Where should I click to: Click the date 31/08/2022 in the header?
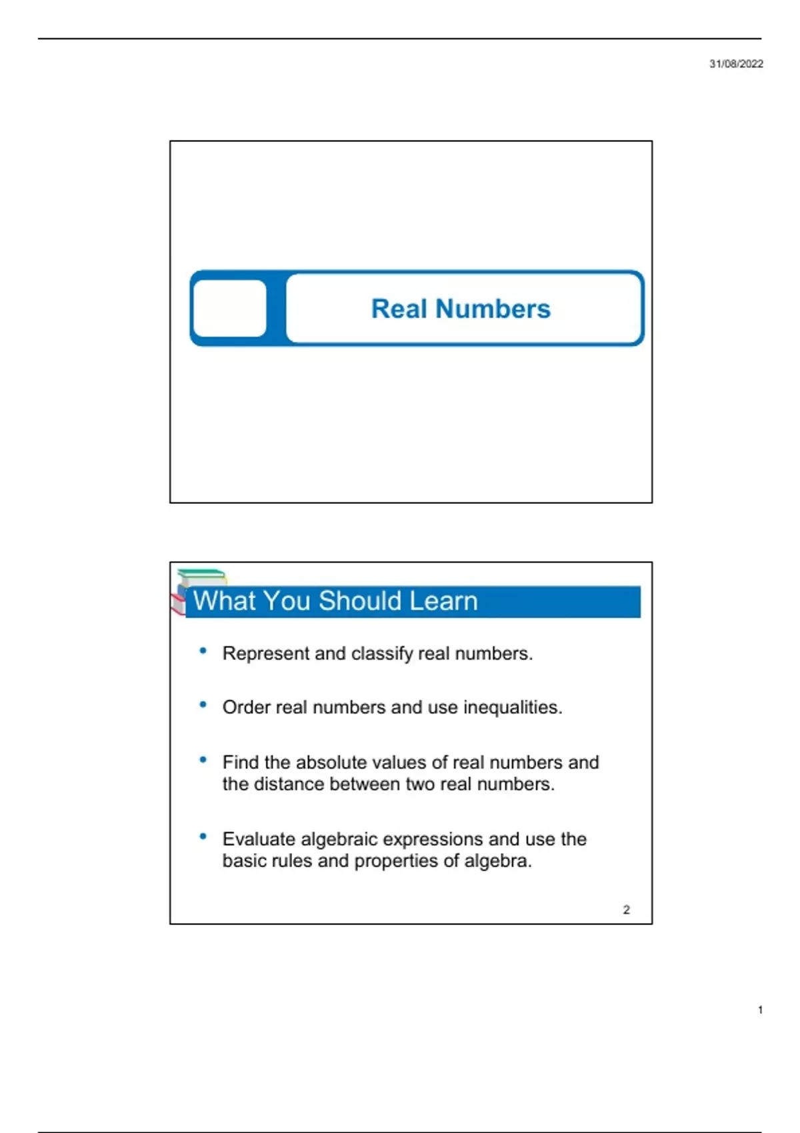tap(736, 64)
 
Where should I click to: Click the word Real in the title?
tap(399, 309)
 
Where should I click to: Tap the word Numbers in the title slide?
tap(493, 309)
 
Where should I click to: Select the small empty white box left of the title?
tap(229, 309)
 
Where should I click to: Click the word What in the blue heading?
tap(224, 601)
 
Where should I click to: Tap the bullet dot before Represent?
tap(203, 651)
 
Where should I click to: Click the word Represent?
tap(266, 654)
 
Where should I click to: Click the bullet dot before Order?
tap(203, 704)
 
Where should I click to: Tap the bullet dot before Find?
tap(203, 759)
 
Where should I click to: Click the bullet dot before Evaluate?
tap(203, 836)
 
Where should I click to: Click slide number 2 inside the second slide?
tap(626, 910)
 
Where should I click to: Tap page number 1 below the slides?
tap(760, 1010)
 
